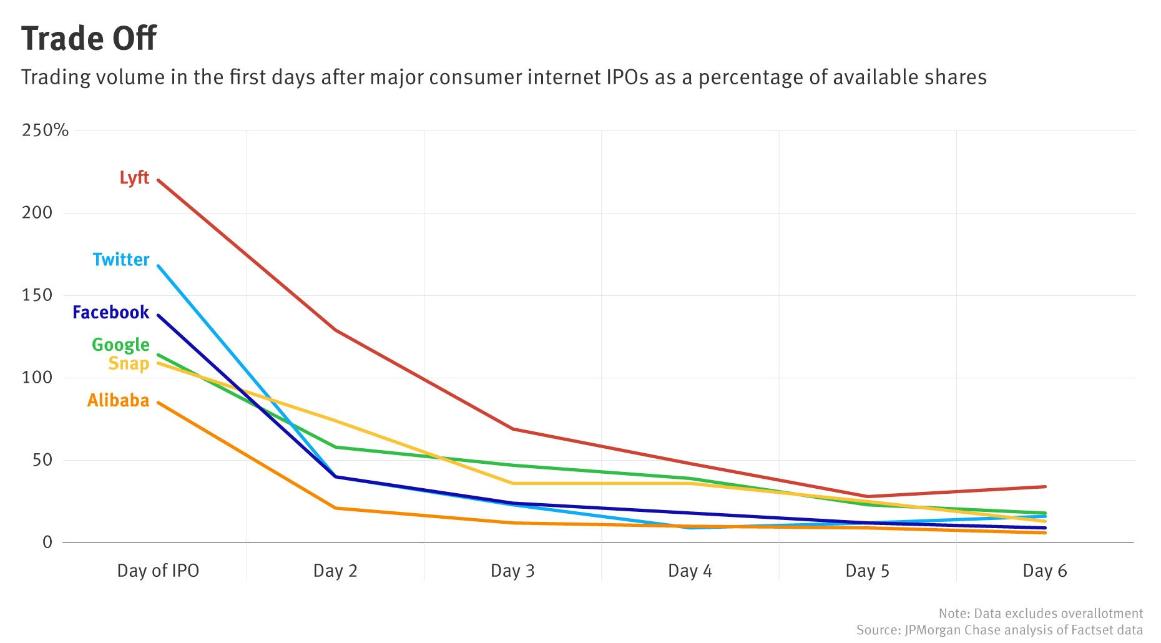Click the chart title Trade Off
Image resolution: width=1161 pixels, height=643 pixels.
coord(89,39)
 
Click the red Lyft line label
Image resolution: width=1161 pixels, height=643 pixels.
coord(134,178)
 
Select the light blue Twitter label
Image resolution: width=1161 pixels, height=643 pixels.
coord(121,260)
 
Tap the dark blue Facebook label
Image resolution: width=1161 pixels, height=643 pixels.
coord(110,312)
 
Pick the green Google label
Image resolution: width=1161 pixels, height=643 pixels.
coord(120,345)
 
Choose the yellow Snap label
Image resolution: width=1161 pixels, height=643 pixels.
coord(129,363)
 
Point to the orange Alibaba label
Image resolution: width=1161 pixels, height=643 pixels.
coord(118,400)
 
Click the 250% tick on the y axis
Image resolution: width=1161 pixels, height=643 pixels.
coord(45,130)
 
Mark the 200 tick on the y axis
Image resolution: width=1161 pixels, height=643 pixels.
coord(37,212)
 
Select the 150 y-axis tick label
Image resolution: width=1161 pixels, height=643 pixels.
coord(37,295)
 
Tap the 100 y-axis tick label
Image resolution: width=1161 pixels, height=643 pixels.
coord(37,377)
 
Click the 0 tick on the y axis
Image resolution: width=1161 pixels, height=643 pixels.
coord(47,542)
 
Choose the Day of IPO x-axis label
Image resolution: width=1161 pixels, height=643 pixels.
coord(158,571)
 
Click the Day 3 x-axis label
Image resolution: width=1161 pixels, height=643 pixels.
coord(512,571)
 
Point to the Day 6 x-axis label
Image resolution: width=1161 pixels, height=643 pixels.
coord(1044,571)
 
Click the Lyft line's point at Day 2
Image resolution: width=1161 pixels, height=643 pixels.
coord(336,330)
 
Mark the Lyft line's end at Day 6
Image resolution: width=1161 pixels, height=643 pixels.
coord(1045,486)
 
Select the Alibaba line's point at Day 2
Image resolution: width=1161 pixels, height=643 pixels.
coord(336,508)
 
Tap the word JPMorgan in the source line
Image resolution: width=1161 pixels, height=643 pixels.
coord(934,630)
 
